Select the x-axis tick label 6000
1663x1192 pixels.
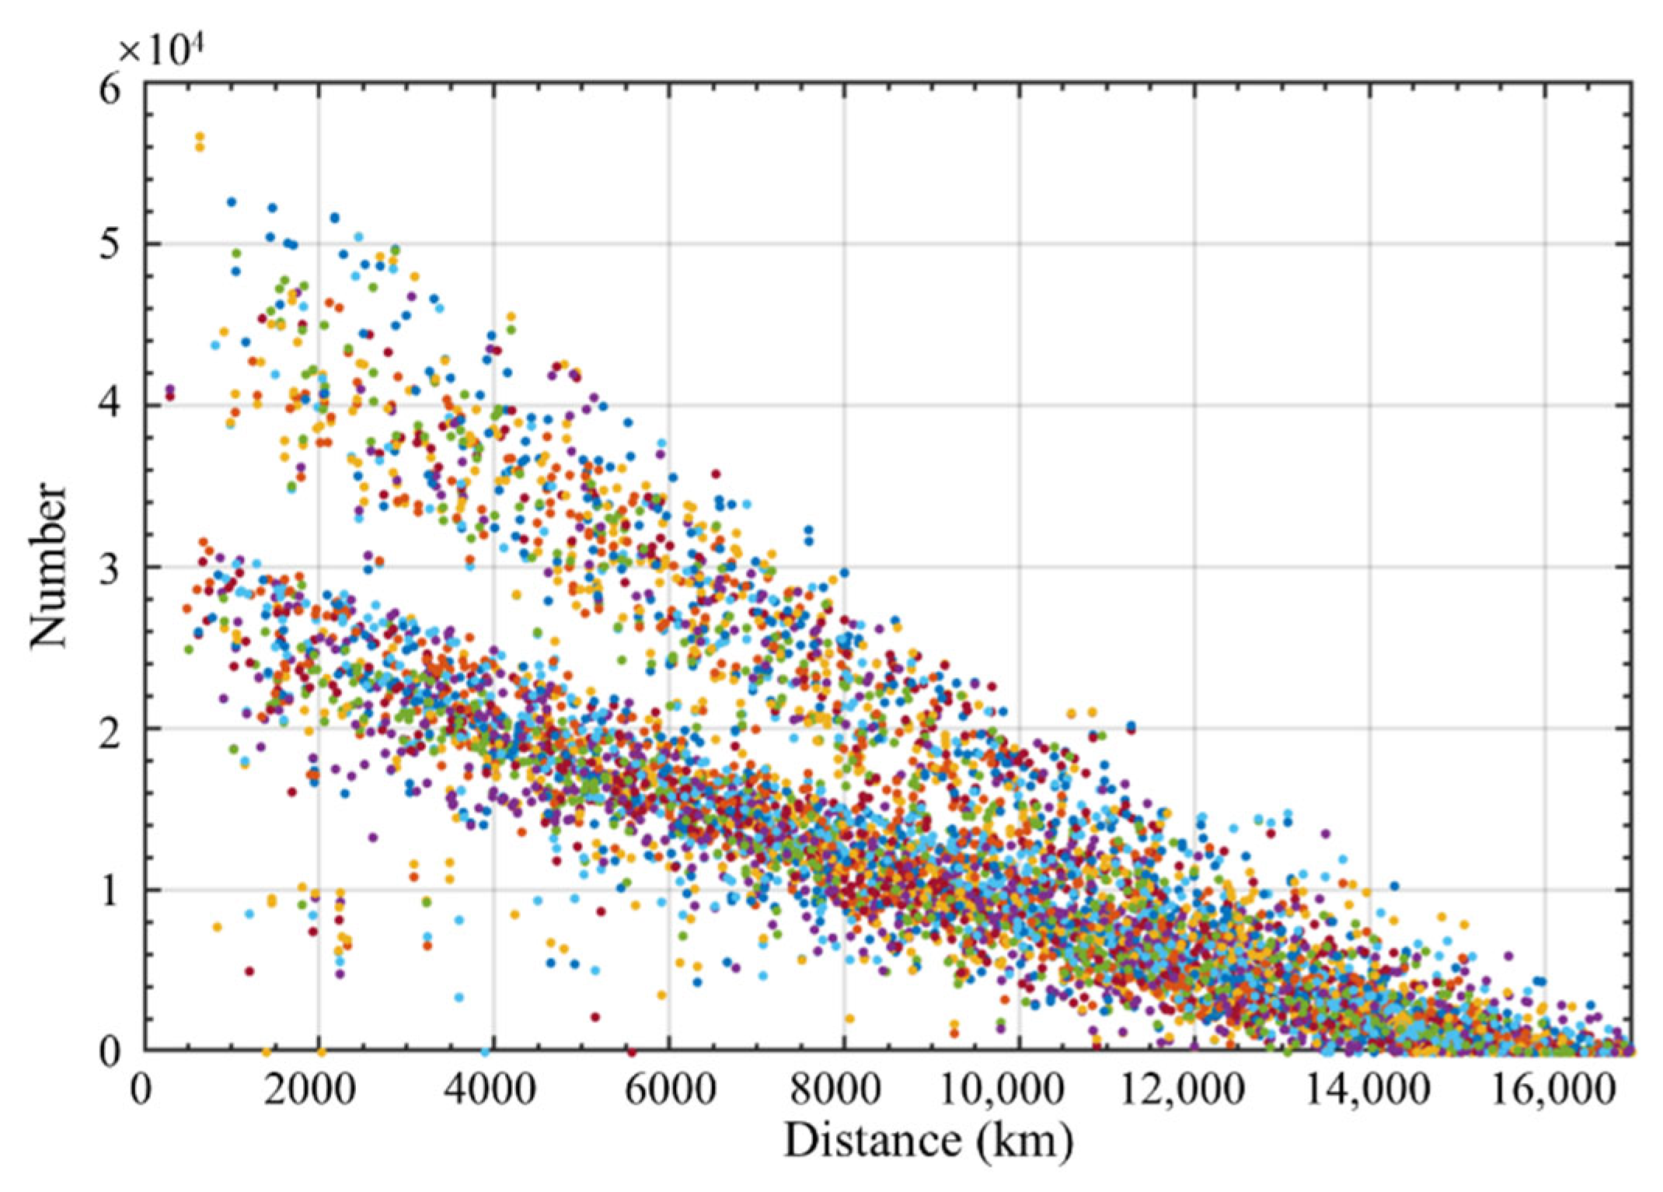[x=669, y=1091]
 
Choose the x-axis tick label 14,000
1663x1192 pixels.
[x=1368, y=1091]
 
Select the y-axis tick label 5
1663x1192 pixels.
[x=110, y=245]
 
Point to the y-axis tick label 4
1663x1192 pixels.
[x=110, y=405]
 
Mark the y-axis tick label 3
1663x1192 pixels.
[x=110, y=567]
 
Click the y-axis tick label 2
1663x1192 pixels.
[x=110, y=729]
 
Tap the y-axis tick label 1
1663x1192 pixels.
[x=110, y=890]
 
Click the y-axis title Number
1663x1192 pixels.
[x=48, y=565]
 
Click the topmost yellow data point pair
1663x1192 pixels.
[x=200, y=142]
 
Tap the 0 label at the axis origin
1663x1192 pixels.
[x=141, y=1091]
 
